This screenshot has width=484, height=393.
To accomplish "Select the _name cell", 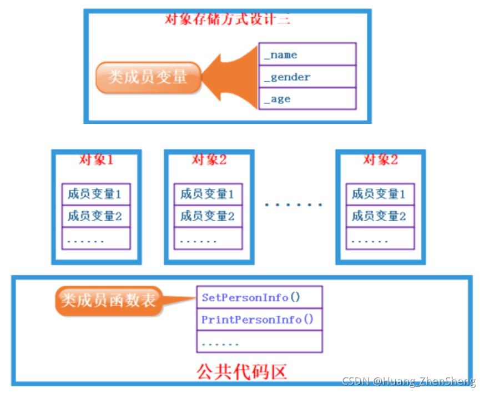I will pyautogui.click(x=307, y=54).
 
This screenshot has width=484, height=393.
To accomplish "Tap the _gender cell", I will pyautogui.click(x=307, y=77).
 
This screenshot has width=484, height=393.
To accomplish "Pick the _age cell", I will pyautogui.click(x=307, y=99).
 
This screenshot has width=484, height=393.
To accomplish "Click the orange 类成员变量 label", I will pyautogui.click(x=147, y=77).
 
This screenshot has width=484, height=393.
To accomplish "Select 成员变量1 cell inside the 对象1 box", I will pyautogui.click(x=95, y=194).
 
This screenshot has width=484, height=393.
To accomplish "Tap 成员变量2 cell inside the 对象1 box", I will pyautogui.click(x=95, y=216).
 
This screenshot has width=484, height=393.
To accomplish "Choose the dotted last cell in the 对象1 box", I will pyautogui.click(x=95, y=238).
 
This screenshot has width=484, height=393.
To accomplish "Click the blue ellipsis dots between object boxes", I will pyautogui.click(x=294, y=205).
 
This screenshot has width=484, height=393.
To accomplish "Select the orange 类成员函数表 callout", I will pyautogui.click(x=109, y=301).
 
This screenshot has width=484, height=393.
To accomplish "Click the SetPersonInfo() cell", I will pyautogui.click(x=259, y=297).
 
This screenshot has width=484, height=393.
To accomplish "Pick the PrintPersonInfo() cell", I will pyautogui.click(x=259, y=320).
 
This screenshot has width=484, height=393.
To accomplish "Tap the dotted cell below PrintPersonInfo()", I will pyautogui.click(x=259, y=342).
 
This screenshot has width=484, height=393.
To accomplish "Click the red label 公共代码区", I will pyautogui.click(x=242, y=371).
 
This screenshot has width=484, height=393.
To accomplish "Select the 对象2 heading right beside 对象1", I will pyautogui.click(x=209, y=160).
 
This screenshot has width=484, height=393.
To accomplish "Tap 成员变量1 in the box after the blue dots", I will pyautogui.click(x=380, y=194).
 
